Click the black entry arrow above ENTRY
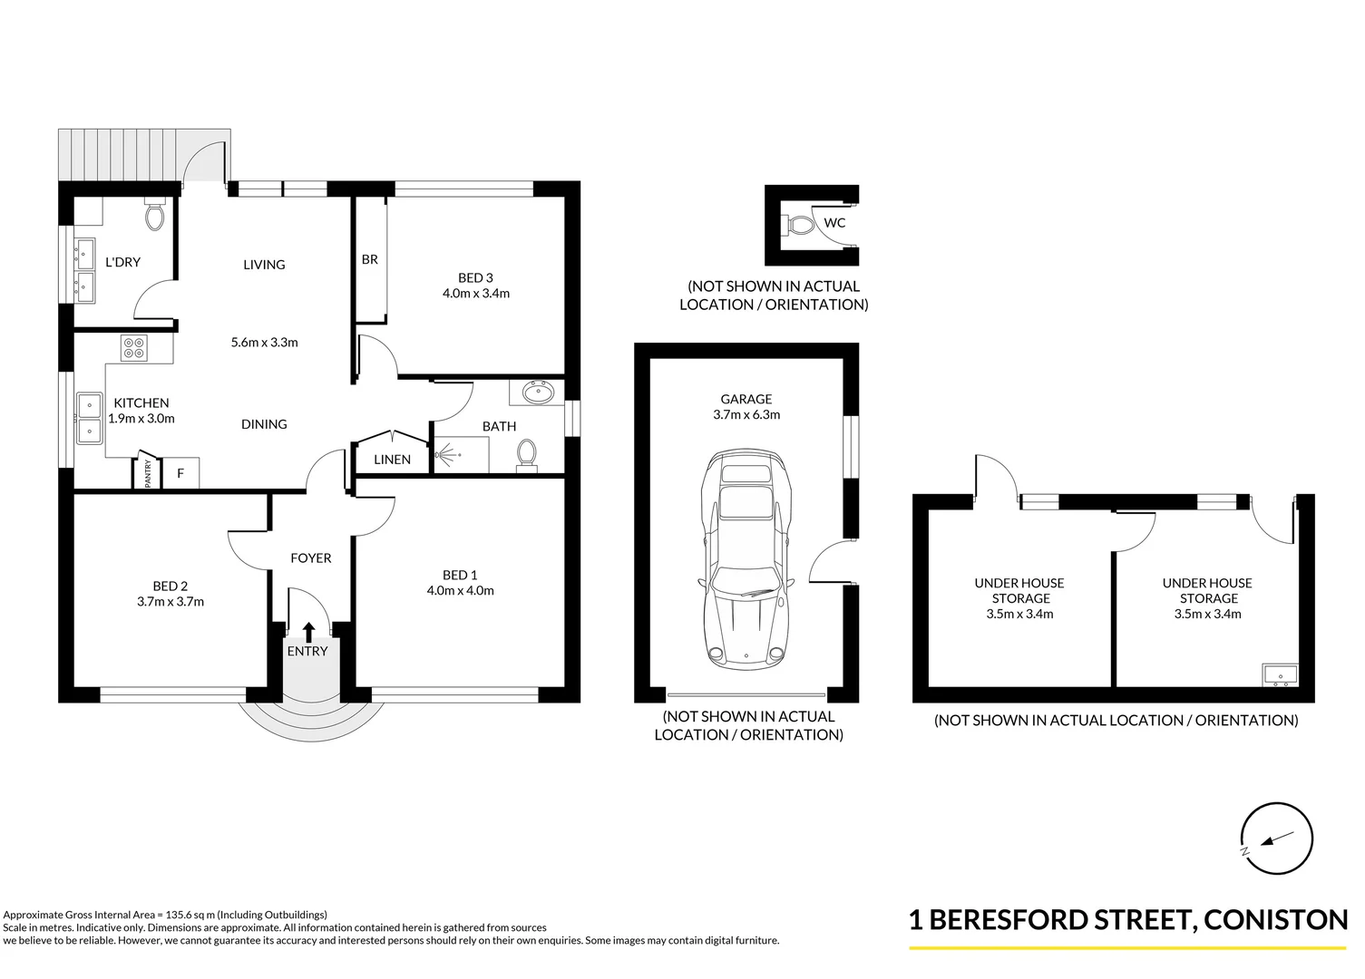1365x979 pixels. coord(308,631)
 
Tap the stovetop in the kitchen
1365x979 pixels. coord(134,348)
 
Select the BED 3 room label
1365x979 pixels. coord(475,278)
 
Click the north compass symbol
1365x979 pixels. coord(1277,838)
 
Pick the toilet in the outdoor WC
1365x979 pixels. coord(797,224)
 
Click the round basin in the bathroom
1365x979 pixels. coord(539,393)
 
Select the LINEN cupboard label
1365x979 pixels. coord(392,460)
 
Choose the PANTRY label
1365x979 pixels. coord(149,474)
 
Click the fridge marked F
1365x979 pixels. coord(180,473)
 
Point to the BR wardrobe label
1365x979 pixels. coord(370,259)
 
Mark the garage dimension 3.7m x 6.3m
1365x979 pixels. coord(746,415)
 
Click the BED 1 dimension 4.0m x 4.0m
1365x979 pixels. coord(460,591)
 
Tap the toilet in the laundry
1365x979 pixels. coord(155,216)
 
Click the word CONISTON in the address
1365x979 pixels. coord(1277,920)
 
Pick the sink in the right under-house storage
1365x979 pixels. coord(1280,674)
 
